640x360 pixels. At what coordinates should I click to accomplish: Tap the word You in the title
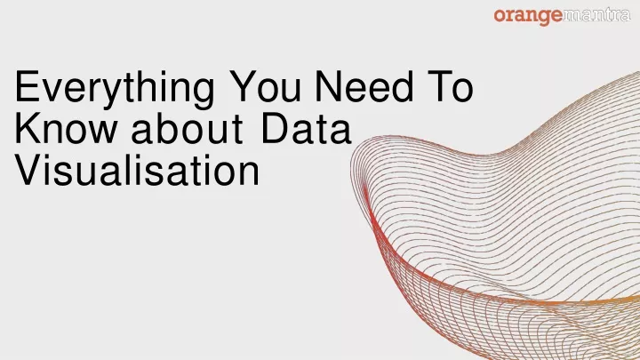click(265, 86)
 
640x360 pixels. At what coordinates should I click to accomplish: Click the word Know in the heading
click(65, 128)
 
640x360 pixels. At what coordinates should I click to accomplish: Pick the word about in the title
click(187, 128)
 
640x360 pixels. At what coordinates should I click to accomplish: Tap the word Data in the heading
click(306, 128)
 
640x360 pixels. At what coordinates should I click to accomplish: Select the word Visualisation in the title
click(137, 170)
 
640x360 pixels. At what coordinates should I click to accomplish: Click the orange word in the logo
click(528, 17)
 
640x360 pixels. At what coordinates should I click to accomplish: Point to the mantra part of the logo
click(596, 15)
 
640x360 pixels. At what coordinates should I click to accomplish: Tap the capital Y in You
click(243, 86)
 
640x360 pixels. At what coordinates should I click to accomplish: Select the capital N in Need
click(328, 86)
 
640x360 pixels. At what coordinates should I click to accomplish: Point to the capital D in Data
click(274, 128)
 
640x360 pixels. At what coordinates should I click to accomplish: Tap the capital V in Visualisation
click(28, 170)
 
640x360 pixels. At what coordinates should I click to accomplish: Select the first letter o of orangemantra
click(500, 16)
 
